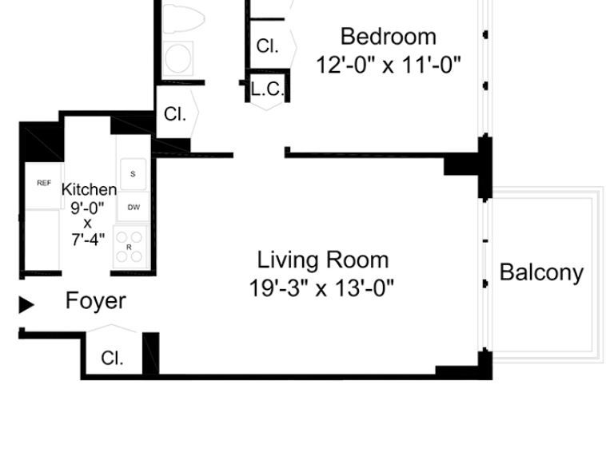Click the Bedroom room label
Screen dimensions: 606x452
click(x=389, y=37)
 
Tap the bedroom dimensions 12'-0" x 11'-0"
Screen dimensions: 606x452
click(x=389, y=65)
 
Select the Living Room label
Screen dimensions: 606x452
click(x=323, y=260)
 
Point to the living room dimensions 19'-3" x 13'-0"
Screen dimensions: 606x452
click(x=321, y=288)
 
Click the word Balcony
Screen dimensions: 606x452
click(x=541, y=272)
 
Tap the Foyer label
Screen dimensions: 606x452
click(x=96, y=301)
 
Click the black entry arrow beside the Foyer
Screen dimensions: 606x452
click(x=26, y=304)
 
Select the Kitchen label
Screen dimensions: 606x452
click(x=90, y=189)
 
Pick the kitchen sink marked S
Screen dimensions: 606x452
click(x=133, y=174)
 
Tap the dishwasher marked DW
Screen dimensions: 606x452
click(x=134, y=208)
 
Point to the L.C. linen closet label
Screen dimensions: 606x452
click(x=268, y=90)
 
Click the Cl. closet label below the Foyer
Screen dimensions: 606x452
click(x=112, y=359)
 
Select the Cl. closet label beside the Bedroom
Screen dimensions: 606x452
click(x=267, y=46)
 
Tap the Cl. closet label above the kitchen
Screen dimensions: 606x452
click(x=175, y=114)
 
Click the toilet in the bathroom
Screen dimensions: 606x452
click(x=183, y=18)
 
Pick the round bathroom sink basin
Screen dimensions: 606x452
click(x=178, y=58)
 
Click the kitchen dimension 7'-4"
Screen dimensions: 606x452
click(x=88, y=240)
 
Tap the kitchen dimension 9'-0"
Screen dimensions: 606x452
click(x=87, y=208)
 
